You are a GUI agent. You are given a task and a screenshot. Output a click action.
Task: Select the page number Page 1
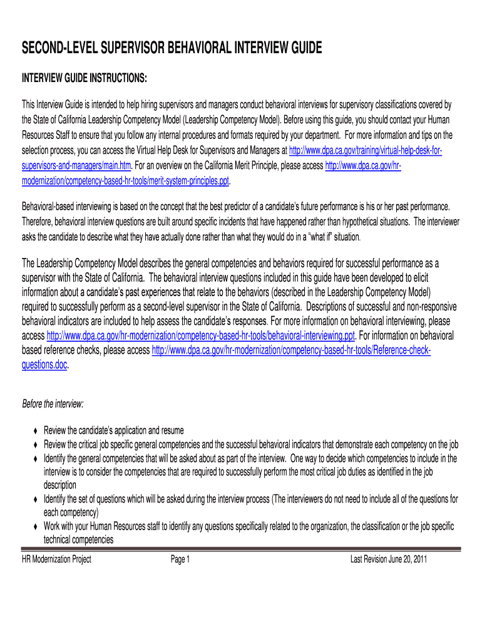[x=180, y=559]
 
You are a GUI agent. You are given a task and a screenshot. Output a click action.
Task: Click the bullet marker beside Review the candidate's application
[x=35, y=431]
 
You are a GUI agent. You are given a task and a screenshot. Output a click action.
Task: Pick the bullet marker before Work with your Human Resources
[x=35, y=527]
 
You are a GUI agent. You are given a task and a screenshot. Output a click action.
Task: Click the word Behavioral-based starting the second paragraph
[x=48, y=206]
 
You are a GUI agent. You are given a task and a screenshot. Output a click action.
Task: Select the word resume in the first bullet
[x=172, y=431]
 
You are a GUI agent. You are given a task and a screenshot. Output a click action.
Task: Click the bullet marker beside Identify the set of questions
[x=35, y=500]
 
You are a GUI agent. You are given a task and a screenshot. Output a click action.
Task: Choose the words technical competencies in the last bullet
[x=78, y=539]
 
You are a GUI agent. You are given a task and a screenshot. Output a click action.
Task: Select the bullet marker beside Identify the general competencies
[x=35, y=459]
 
